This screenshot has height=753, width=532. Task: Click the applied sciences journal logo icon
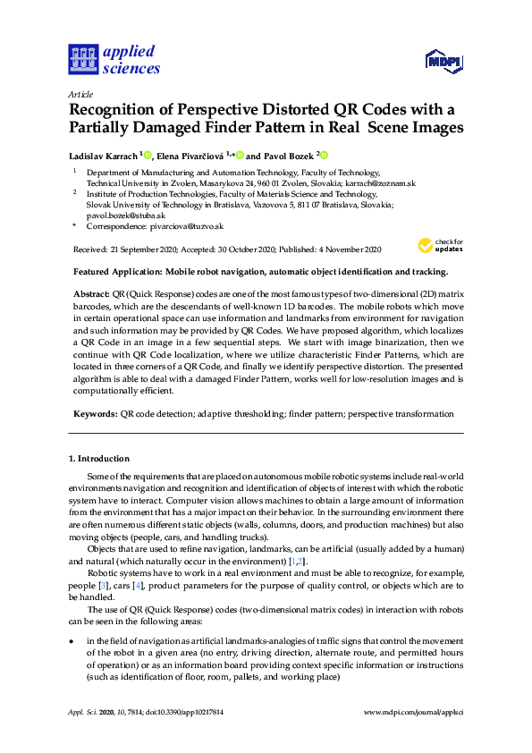pyautogui.click(x=82, y=60)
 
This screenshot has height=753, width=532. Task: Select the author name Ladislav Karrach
pyautogui.click(x=102, y=155)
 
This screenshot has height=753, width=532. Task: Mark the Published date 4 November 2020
pyautogui.click(x=346, y=250)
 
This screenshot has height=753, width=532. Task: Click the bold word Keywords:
pyautogui.click(x=93, y=414)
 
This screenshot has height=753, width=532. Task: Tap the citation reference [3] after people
pyautogui.click(x=103, y=560)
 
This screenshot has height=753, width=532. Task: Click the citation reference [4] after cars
pyautogui.click(x=138, y=560)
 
